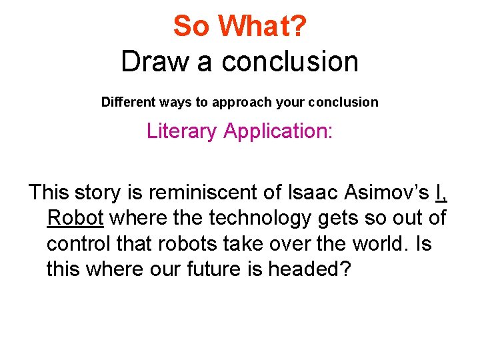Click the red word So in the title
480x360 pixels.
[x=192, y=27]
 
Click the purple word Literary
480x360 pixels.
[x=181, y=131]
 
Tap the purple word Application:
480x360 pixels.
[x=278, y=131]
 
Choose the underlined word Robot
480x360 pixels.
[x=75, y=218]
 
